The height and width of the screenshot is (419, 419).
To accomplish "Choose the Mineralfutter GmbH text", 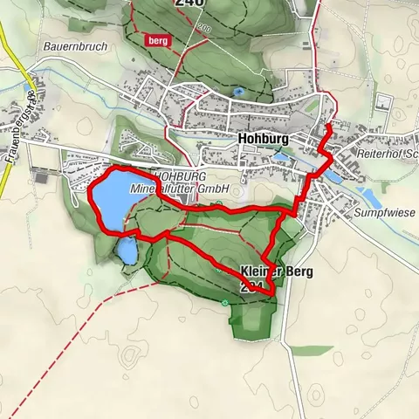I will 179,188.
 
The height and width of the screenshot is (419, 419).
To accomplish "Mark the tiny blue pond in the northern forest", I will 238,90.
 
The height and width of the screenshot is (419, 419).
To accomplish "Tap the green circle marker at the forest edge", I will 225,303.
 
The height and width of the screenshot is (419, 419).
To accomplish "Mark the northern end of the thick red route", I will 328,127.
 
